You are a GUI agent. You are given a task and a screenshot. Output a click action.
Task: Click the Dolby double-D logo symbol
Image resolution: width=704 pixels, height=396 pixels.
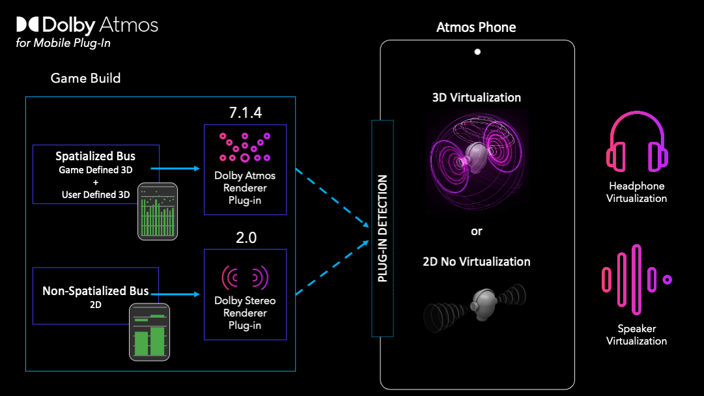28,25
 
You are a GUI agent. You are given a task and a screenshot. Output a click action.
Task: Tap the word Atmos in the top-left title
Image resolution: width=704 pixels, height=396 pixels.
129,25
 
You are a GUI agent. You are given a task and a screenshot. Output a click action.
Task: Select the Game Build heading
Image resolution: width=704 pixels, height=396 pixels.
85,78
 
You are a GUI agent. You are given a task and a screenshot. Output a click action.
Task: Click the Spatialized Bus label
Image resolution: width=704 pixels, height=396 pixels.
95,156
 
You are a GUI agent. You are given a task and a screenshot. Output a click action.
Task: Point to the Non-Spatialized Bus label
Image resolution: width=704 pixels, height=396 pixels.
95,291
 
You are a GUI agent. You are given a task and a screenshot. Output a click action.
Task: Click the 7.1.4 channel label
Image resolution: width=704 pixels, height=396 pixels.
245,112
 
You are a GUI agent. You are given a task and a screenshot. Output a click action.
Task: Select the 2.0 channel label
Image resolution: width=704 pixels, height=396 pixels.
246,238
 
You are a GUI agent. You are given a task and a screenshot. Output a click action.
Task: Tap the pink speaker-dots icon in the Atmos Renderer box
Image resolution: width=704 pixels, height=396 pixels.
245,148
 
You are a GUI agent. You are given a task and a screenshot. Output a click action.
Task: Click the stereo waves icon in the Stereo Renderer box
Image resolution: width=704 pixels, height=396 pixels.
245,277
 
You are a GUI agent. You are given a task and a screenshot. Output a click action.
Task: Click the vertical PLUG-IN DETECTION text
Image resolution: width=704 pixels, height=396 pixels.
383,228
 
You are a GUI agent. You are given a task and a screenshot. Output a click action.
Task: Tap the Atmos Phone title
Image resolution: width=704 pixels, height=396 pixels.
476,27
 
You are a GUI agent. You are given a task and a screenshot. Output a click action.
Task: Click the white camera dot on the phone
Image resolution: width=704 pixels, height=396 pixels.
477,51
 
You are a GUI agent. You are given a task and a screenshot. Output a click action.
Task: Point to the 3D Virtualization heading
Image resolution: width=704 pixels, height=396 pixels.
477,98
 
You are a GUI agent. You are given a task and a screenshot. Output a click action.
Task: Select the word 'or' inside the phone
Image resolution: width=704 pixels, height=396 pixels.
477,231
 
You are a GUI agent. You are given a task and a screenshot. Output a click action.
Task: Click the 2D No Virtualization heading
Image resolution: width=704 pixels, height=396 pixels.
477,262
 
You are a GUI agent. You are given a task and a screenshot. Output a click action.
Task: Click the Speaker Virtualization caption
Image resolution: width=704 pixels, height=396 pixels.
636,335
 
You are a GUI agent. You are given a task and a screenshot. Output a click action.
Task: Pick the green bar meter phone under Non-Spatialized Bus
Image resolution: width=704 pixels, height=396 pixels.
149,332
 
